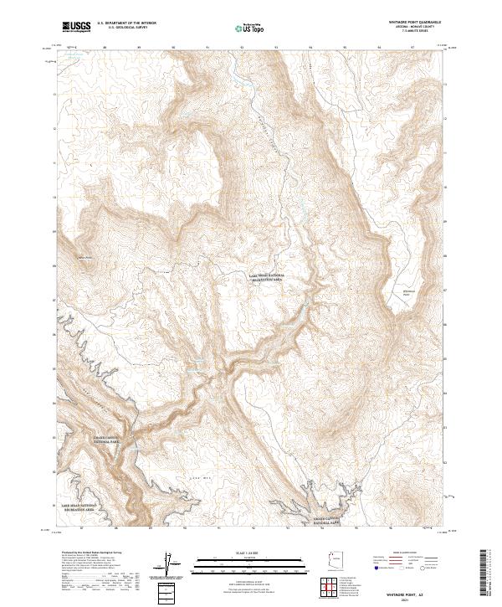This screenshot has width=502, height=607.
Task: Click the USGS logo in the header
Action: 76,26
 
